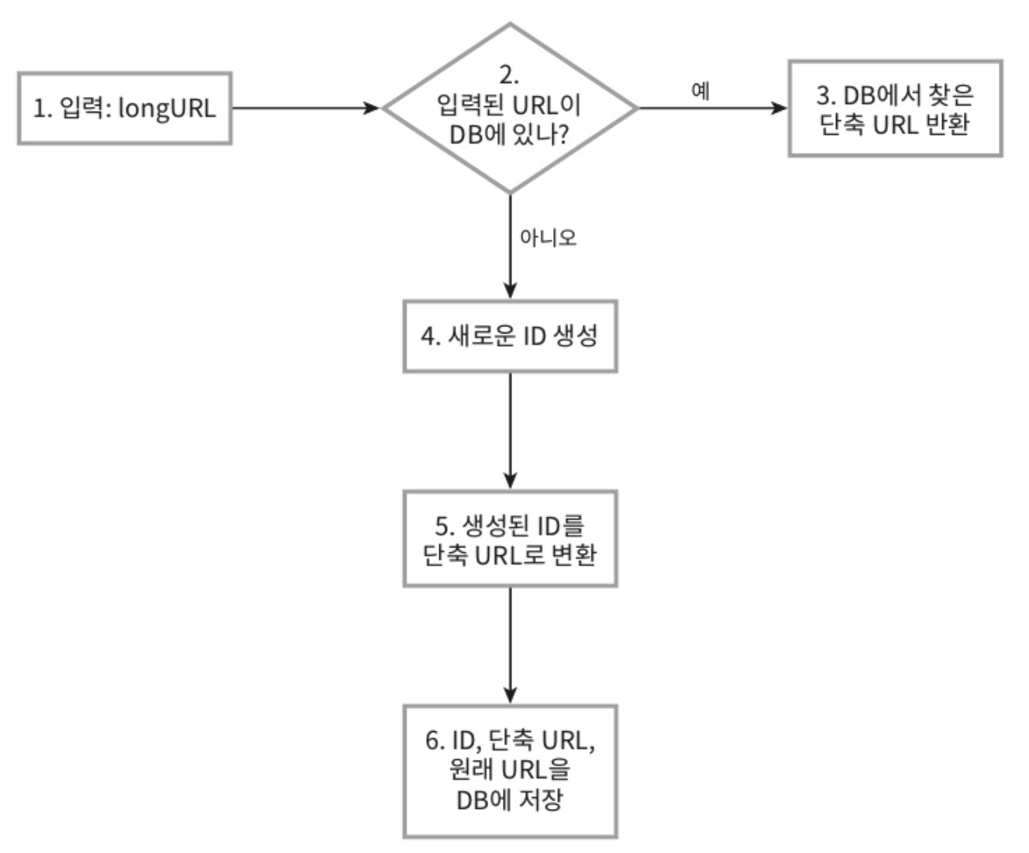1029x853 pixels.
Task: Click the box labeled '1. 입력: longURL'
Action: [x=124, y=109]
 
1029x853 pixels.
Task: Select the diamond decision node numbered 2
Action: [x=510, y=109]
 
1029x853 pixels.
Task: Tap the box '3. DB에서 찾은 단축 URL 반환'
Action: [x=895, y=109]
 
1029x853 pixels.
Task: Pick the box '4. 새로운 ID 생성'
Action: [x=510, y=337]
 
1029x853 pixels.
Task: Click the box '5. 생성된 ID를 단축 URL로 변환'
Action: [x=510, y=538]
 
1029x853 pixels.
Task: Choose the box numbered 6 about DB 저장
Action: [x=510, y=771]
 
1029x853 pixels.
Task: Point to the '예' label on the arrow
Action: [x=700, y=91]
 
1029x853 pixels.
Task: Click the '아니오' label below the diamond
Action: [x=549, y=237]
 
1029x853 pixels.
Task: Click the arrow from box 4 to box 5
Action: [x=510, y=430]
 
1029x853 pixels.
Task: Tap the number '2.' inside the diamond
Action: [x=509, y=75]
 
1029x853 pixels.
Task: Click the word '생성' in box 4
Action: [x=576, y=337]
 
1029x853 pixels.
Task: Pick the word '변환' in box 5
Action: [x=575, y=554]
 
